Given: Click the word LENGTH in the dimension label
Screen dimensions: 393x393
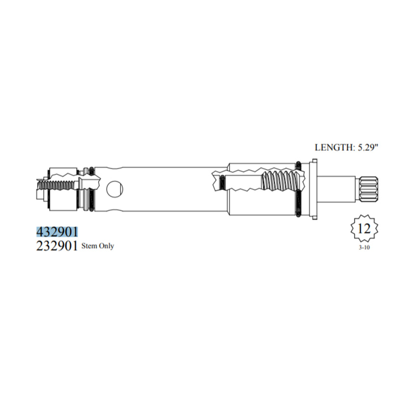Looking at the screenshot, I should point(332,146).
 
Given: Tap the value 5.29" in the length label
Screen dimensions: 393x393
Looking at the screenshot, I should point(366,146).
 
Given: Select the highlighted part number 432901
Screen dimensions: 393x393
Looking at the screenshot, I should point(57,231).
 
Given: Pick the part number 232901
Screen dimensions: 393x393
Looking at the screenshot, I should point(57,246).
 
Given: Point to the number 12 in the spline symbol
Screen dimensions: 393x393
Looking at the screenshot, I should point(364,229).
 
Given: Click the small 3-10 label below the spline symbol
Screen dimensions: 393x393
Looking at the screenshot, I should point(364,248).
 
